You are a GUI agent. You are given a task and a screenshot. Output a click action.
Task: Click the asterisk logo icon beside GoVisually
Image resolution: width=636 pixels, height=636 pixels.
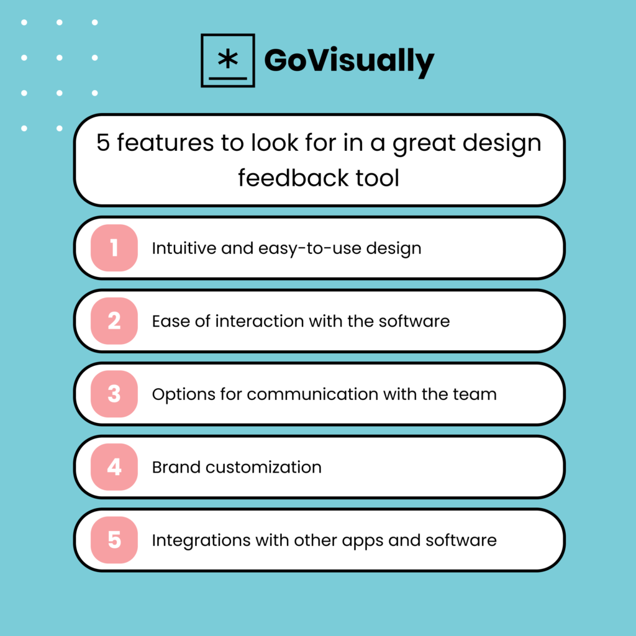pyautogui.click(x=228, y=60)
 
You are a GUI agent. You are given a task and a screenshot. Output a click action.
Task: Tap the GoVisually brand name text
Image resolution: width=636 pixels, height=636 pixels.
pyautogui.click(x=348, y=61)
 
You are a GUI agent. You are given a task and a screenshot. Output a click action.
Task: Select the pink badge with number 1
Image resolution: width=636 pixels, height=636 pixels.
pyautogui.click(x=114, y=248)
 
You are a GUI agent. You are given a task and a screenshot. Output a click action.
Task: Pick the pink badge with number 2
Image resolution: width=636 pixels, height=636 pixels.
pyautogui.click(x=114, y=321)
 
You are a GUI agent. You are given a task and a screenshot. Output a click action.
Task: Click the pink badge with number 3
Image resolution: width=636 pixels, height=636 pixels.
pyautogui.click(x=114, y=394)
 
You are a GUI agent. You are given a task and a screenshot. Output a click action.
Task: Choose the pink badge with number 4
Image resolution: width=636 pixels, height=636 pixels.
pyautogui.click(x=114, y=466)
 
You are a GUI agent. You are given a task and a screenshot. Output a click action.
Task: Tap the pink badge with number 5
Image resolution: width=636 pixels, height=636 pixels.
pyautogui.click(x=114, y=540)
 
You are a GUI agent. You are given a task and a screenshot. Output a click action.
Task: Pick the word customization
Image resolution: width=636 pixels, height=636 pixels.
pyautogui.click(x=261, y=466)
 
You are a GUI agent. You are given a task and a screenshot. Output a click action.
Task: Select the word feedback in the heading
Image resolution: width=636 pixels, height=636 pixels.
pyautogui.click(x=288, y=178)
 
